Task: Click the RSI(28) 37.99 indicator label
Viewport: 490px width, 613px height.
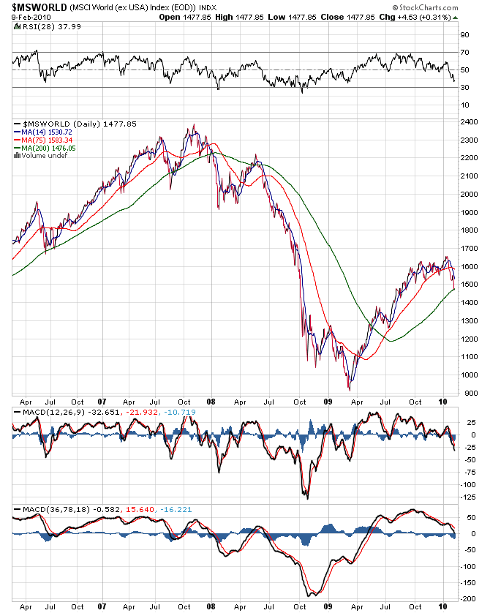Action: coord(41,27)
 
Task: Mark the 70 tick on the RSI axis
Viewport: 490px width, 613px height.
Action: coord(464,52)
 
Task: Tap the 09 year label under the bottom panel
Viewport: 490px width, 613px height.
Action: coord(328,606)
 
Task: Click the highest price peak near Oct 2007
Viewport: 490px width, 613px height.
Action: coord(193,125)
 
